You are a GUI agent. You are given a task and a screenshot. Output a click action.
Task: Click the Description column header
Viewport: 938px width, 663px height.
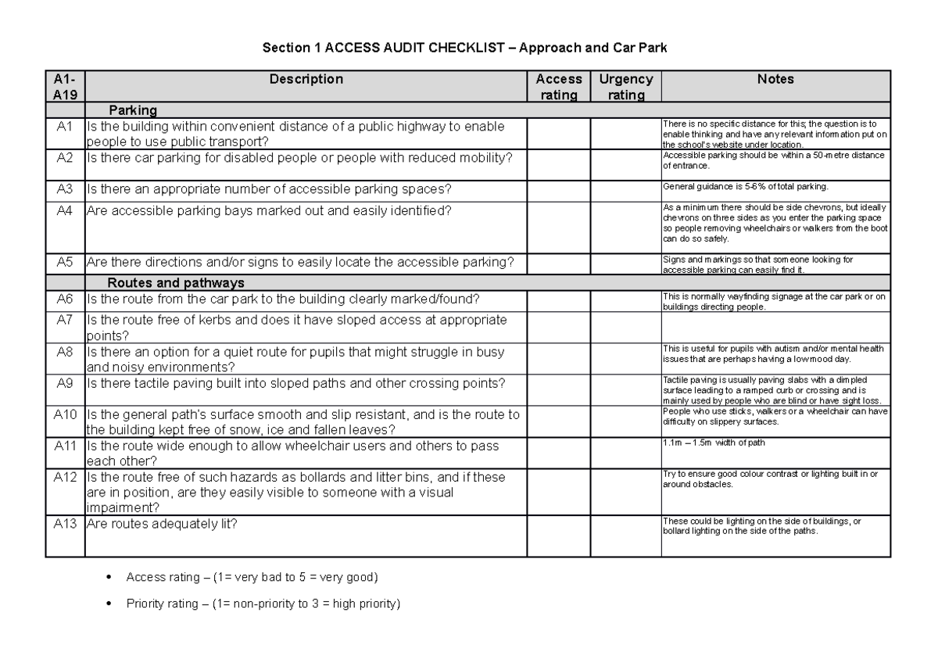click(x=306, y=79)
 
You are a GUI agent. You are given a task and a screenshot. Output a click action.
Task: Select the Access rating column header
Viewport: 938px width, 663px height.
click(x=558, y=87)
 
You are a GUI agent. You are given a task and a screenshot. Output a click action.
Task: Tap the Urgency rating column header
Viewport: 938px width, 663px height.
click(x=625, y=87)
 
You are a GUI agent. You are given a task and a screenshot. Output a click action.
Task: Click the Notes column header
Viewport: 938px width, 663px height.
click(x=775, y=79)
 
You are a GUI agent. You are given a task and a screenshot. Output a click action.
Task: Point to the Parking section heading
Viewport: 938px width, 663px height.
click(x=133, y=110)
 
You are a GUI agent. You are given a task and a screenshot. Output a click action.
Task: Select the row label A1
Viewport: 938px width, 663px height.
click(x=65, y=126)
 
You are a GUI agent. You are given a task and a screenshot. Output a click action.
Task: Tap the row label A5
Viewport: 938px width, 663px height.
click(x=65, y=262)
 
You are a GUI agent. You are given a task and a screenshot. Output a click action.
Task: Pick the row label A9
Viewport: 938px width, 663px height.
click(x=65, y=382)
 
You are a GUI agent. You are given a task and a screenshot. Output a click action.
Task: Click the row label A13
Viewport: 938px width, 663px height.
click(x=65, y=524)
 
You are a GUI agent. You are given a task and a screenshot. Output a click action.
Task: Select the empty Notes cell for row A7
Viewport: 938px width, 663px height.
click(x=775, y=327)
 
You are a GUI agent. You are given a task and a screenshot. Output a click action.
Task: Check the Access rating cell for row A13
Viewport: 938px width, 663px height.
click(x=558, y=536)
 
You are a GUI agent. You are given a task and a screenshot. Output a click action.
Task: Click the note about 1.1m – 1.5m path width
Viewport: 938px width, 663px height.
click(x=714, y=443)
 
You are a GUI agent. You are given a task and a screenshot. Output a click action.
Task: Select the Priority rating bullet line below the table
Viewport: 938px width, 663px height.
click(x=263, y=604)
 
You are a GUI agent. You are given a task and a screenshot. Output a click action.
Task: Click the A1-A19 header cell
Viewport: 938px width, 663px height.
click(x=65, y=87)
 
